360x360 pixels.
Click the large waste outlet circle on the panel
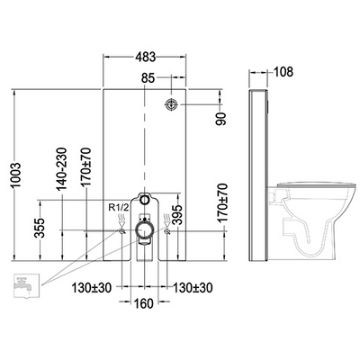coord(143,232)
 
